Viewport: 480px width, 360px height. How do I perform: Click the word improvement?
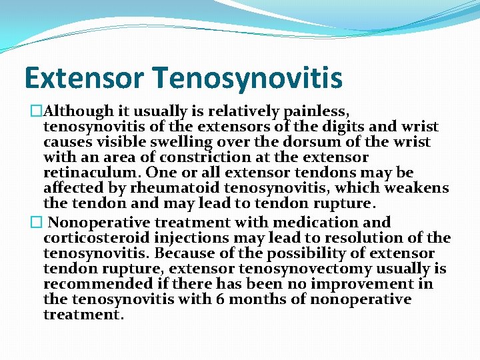365,285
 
